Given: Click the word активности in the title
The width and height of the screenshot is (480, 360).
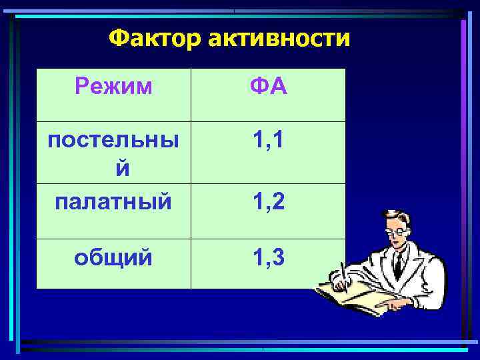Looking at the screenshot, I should pyautogui.click(x=278, y=39).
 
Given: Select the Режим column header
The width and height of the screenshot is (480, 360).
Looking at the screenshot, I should pyautogui.click(x=113, y=85).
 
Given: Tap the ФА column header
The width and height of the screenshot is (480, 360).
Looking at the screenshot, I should pyautogui.click(x=268, y=85).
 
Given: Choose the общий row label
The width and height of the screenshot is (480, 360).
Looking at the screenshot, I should pyautogui.click(x=113, y=257).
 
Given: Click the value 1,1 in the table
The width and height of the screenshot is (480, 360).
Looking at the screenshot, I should pyautogui.click(x=268, y=140).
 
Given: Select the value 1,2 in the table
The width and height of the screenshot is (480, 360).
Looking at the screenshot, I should pyautogui.click(x=268, y=200).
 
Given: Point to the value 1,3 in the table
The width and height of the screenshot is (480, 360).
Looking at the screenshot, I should pyautogui.click(x=268, y=257).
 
